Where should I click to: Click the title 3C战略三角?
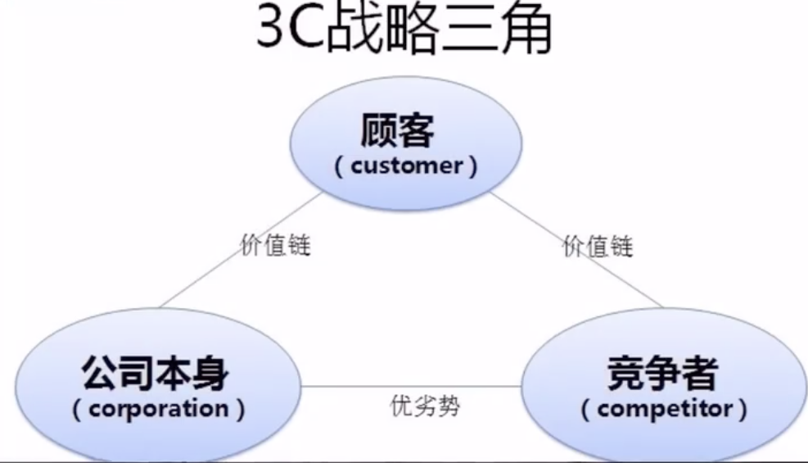tap(404, 31)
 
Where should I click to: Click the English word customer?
tap(406, 166)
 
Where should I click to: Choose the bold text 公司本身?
tap(155, 374)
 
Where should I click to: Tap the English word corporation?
tap(160, 408)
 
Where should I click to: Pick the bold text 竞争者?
tap(663, 374)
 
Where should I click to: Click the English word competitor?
tap(663, 408)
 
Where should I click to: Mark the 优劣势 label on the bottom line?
tap(424, 406)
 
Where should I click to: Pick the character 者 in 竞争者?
tap(700, 374)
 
